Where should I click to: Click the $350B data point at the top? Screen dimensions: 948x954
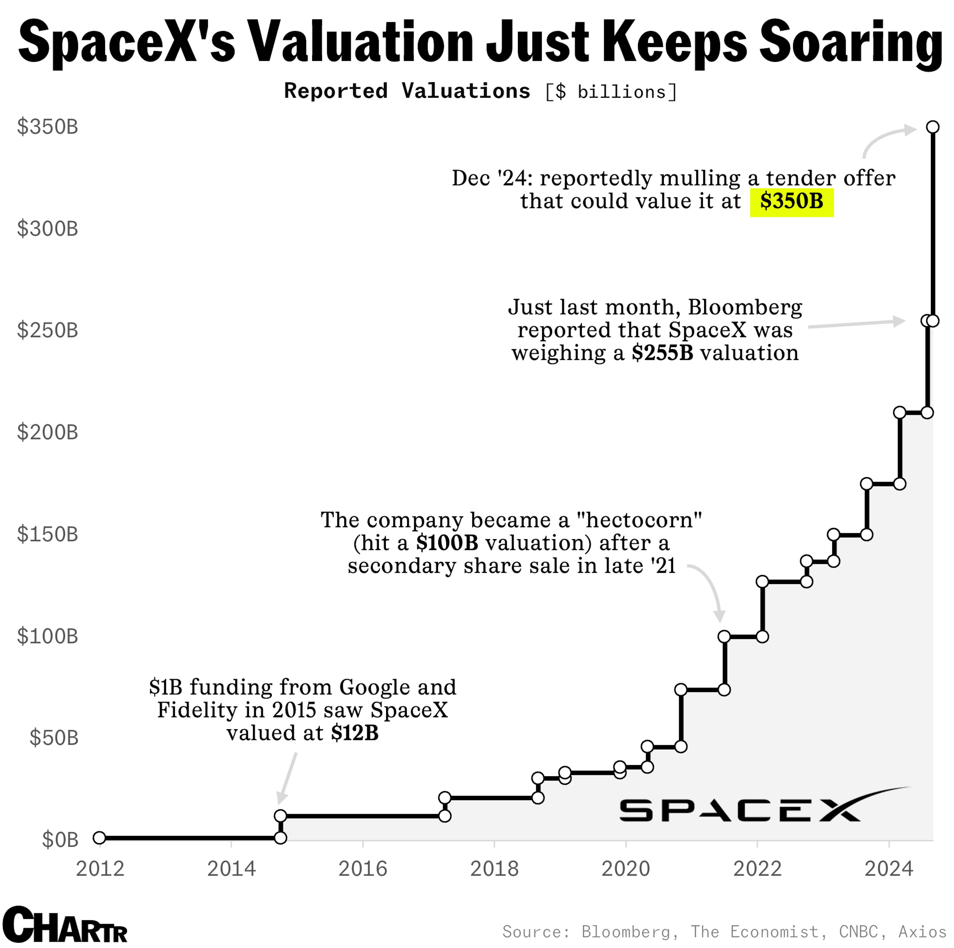pyautogui.click(x=932, y=127)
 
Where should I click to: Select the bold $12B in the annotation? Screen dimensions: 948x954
pyautogui.click(x=355, y=733)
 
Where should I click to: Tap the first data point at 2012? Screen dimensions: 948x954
pyautogui.click(x=99, y=838)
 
